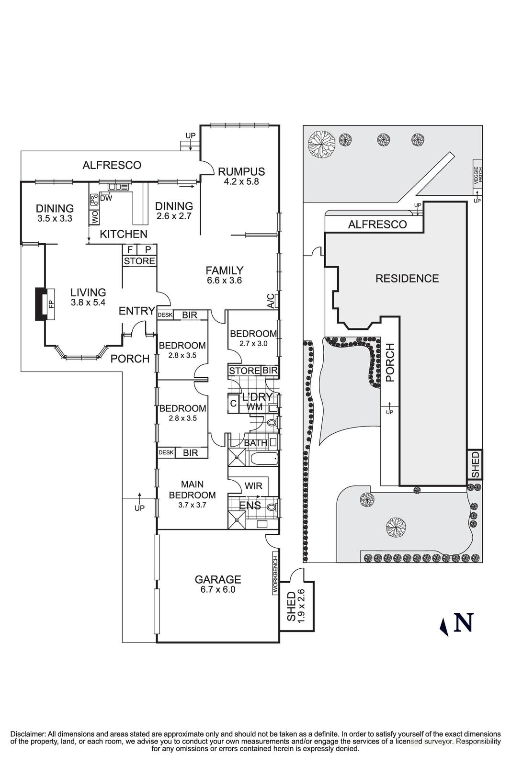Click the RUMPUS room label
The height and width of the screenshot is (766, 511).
[x=241, y=171]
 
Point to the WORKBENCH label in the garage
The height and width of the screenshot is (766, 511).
[x=275, y=574]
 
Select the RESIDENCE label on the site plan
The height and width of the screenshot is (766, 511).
[x=407, y=278]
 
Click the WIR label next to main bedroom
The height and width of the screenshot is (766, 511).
[x=253, y=486]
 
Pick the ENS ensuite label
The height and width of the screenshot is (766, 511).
[x=250, y=506]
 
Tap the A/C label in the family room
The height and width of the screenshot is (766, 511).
[x=271, y=301]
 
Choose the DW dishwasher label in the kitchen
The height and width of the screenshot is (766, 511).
[x=106, y=198]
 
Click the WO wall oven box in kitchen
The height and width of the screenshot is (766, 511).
[x=94, y=217]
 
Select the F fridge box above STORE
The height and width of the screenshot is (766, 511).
[x=130, y=249]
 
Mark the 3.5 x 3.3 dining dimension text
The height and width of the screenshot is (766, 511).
[x=55, y=218]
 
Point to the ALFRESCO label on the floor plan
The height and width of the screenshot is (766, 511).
[x=112, y=165]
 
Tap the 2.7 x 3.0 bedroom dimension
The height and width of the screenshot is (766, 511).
[x=253, y=343]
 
